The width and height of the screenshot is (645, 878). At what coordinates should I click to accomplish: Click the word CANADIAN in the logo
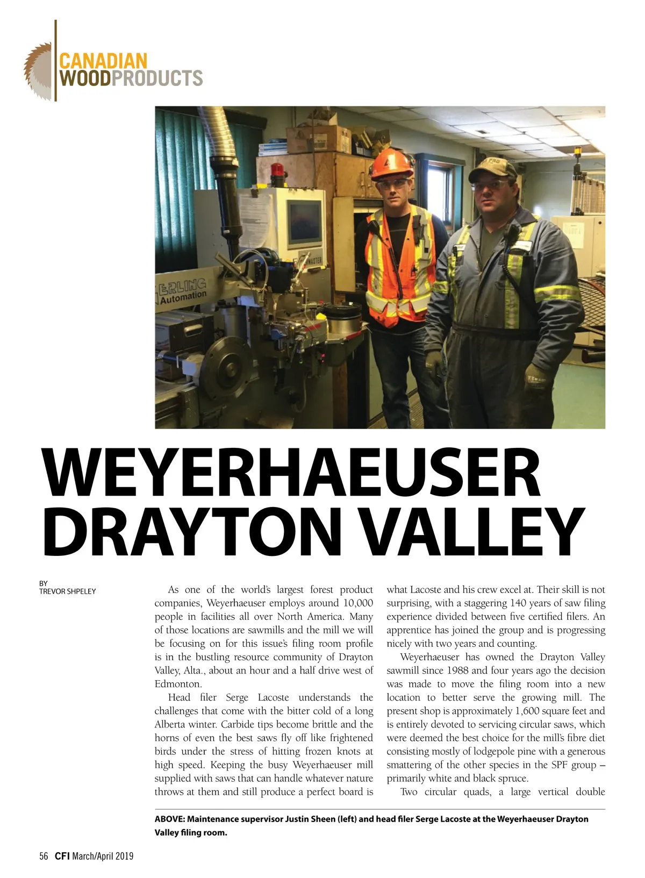pos(103,61)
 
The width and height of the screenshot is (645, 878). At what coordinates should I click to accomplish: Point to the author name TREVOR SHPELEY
pos(67,591)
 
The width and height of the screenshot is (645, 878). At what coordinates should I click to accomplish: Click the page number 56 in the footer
pos(44,856)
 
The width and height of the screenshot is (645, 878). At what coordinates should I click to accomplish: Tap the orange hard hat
pos(391,163)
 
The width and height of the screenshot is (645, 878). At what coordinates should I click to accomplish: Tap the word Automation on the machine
pos(183,297)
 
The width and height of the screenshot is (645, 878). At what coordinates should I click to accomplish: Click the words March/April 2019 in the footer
pos(103,856)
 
